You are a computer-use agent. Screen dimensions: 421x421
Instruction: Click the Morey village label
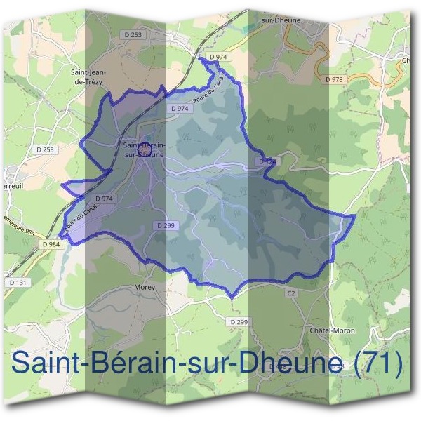point(144,287)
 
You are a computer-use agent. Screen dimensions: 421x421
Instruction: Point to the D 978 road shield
point(335,80)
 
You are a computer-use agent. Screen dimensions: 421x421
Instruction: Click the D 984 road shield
point(51,243)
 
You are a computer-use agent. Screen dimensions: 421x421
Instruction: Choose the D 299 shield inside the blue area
point(163,225)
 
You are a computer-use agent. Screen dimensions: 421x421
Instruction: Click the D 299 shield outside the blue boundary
point(239,321)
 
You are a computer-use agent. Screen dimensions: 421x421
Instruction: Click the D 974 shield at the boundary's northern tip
point(218,57)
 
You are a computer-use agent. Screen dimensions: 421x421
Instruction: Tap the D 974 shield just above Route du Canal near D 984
point(104,199)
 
